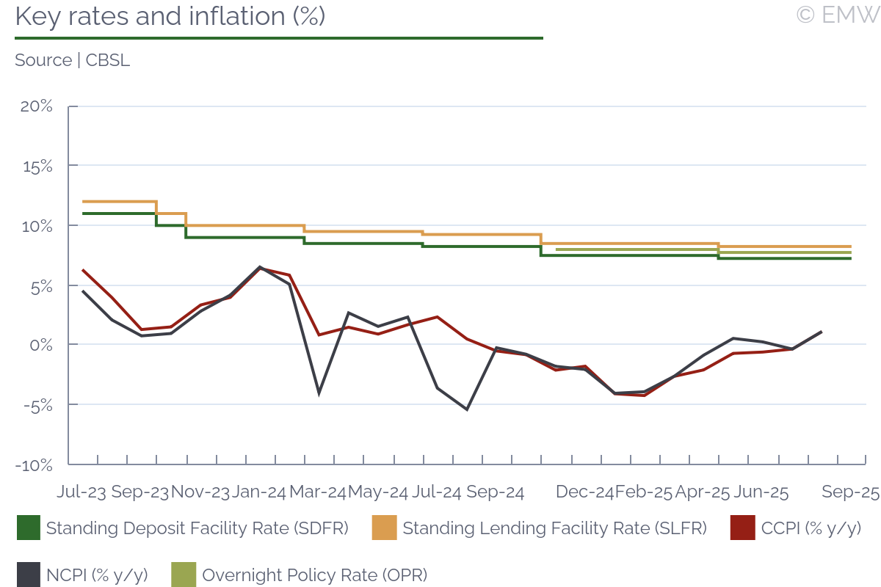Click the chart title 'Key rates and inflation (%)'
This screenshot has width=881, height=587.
[x=170, y=17]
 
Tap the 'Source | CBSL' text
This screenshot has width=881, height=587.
[x=72, y=60]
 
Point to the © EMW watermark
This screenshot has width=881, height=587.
[x=837, y=15]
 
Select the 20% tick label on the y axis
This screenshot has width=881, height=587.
[x=36, y=106]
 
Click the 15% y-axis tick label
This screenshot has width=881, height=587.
[x=37, y=166]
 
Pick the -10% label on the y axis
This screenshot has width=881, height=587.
[x=35, y=464]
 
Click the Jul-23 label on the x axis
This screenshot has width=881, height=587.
[x=81, y=492]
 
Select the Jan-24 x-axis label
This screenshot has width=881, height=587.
[x=259, y=492]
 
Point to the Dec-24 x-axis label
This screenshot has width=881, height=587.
[x=584, y=492]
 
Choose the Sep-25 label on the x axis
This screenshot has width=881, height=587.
[x=850, y=492]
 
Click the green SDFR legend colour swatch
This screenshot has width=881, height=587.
[x=28, y=528]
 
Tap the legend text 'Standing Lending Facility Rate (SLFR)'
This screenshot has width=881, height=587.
[x=555, y=528]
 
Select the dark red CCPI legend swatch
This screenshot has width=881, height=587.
[x=742, y=528]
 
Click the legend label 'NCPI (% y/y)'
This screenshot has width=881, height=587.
[x=97, y=575]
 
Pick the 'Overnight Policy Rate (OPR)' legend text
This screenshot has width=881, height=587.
[x=314, y=575]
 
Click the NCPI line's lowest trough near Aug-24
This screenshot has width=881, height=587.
[x=467, y=409]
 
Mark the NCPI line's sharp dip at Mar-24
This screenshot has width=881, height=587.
[x=319, y=393]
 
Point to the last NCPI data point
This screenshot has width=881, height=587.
[x=821, y=332]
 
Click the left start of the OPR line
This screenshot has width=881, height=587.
[x=557, y=249]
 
